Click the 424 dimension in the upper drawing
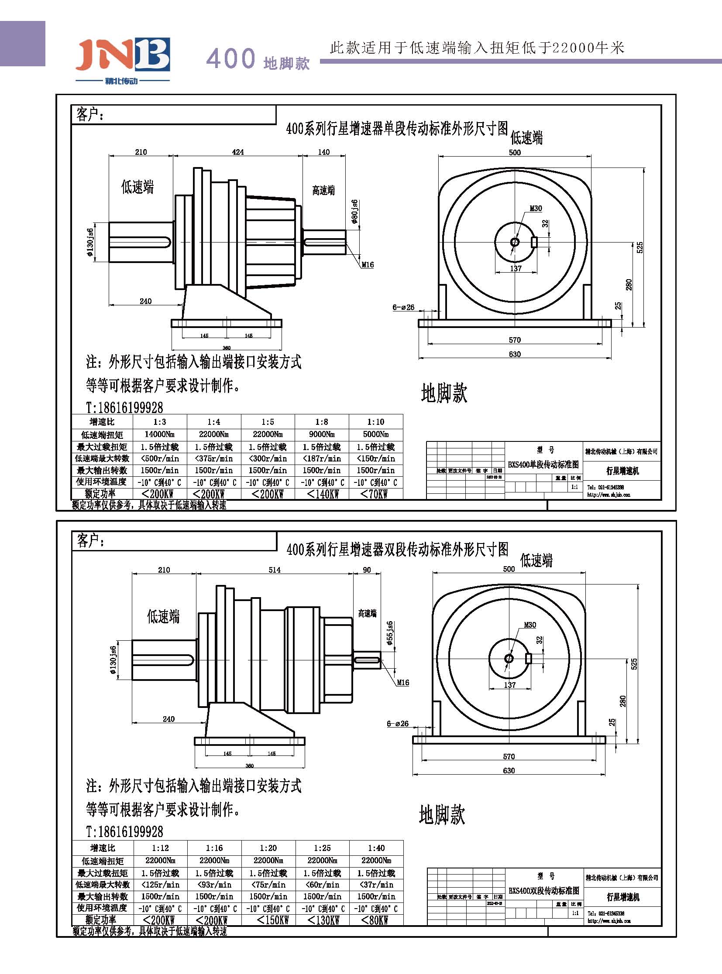pyautogui.click(x=238, y=152)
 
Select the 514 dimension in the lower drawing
pyautogui.click(x=275, y=570)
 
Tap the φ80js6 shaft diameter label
pyautogui.click(x=354, y=212)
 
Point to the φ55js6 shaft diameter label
pyautogui.click(x=389, y=633)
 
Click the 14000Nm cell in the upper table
pyautogui.click(x=159, y=434)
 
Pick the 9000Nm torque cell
pyautogui.click(x=322, y=434)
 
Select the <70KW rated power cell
pyautogui.click(x=375, y=494)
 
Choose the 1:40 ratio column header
pyautogui.click(x=376, y=848)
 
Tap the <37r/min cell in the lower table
pyautogui.click(x=376, y=885)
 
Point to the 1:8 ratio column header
pyautogui.click(x=322, y=422)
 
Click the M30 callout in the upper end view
pyautogui.click(x=536, y=208)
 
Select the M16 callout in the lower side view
pyautogui.click(x=403, y=683)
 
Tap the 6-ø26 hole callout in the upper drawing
pyautogui.click(x=403, y=308)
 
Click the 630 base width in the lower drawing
pyautogui.click(x=509, y=770)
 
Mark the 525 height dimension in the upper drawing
pyautogui.click(x=640, y=248)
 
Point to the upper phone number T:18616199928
pyautogui.click(x=124, y=407)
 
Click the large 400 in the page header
pyautogui.click(x=230, y=58)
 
